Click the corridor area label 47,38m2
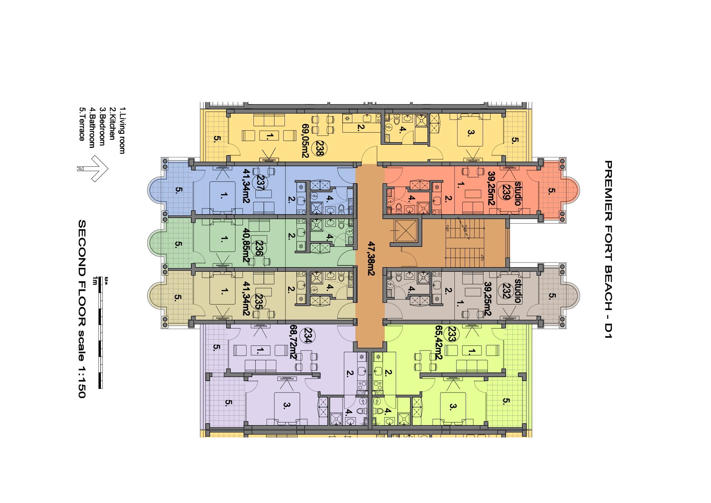coord(371,254)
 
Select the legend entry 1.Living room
coord(122,131)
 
